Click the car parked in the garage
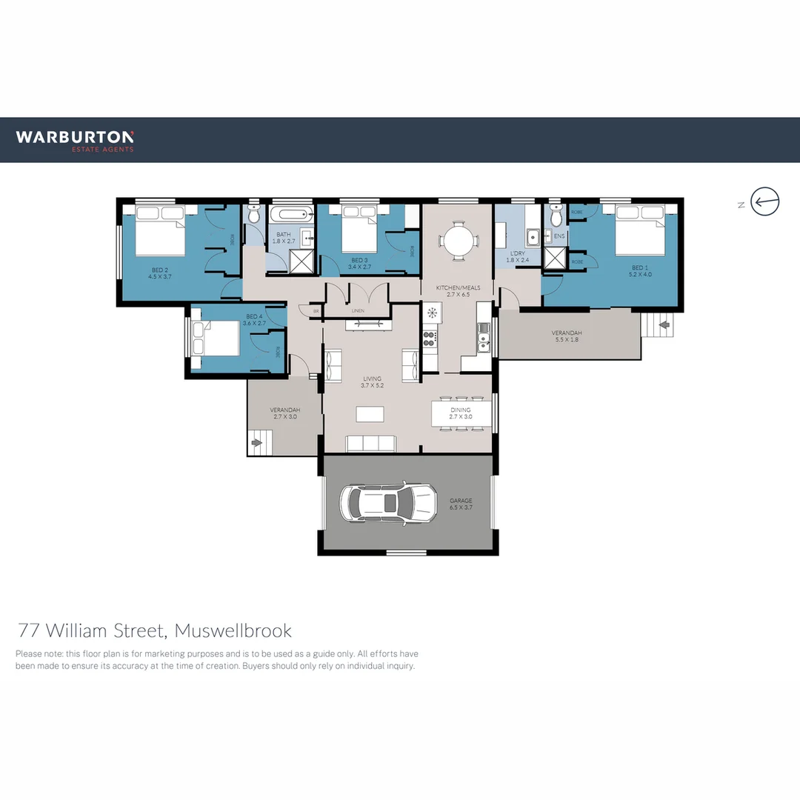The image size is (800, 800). tap(386, 503)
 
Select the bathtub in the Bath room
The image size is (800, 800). tap(291, 216)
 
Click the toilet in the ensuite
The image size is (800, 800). tap(557, 217)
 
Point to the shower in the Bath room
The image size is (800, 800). tap(300, 261)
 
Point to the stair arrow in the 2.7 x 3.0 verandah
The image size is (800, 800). tap(257, 443)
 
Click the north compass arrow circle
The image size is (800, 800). tap(764, 201)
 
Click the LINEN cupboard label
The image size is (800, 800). tap(358, 310)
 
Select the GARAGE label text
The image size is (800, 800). tap(461, 501)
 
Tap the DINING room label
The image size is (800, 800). tap(461, 410)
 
